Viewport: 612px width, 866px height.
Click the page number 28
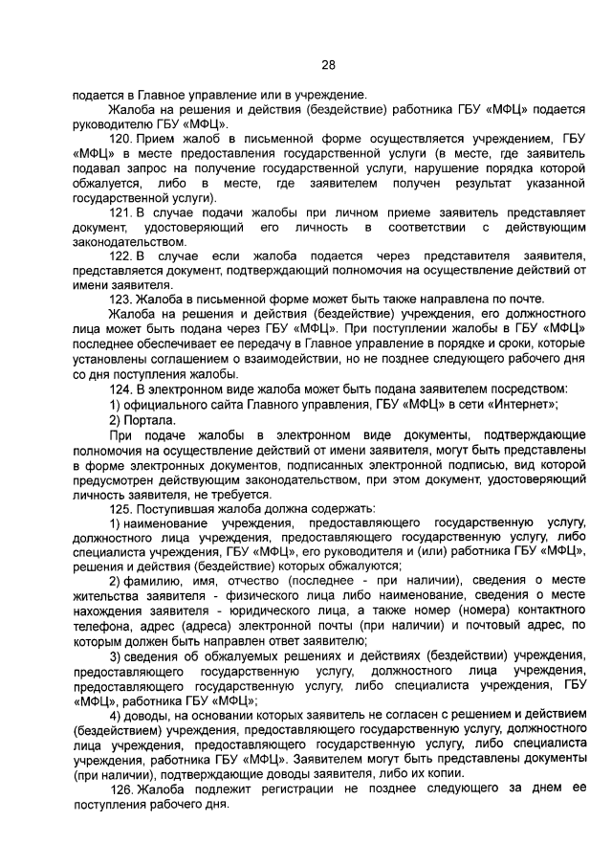(x=328, y=65)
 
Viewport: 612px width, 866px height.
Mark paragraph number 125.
(x=121, y=507)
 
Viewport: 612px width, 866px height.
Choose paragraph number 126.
(x=121, y=788)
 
